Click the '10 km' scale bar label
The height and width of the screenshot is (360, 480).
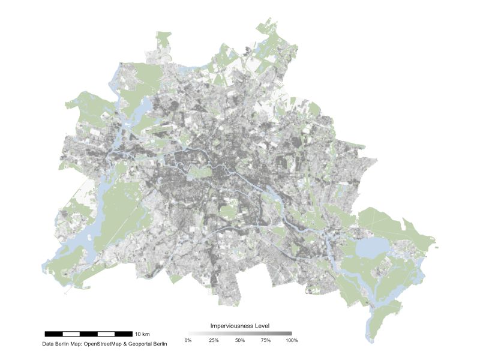(x=142, y=334)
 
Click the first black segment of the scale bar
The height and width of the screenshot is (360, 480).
(x=53, y=333)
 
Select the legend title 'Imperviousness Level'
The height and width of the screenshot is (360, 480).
(x=239, y=326)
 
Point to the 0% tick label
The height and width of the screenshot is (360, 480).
(x=188, y=340)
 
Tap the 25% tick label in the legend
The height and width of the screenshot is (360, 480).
(x=214, y=340)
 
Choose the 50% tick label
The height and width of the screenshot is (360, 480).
(x=240, y=340)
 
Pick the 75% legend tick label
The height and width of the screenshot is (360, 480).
(x=266, y=340)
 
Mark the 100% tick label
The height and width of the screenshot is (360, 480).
(x=292, y=340)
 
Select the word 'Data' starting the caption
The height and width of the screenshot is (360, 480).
(x=47, y=344)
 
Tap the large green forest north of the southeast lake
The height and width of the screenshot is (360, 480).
(x=390, y=225)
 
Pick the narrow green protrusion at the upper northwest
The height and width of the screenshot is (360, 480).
(x=163, y=45)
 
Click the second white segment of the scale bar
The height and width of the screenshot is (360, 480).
(x=106, y=333)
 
